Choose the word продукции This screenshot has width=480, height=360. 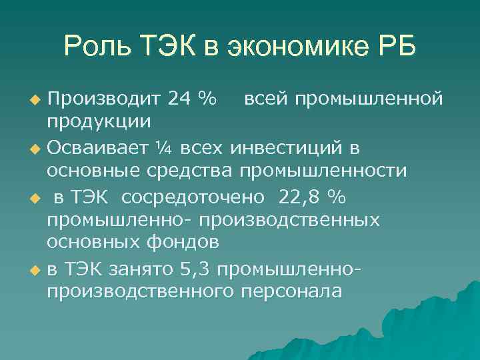[x=98, y=122]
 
